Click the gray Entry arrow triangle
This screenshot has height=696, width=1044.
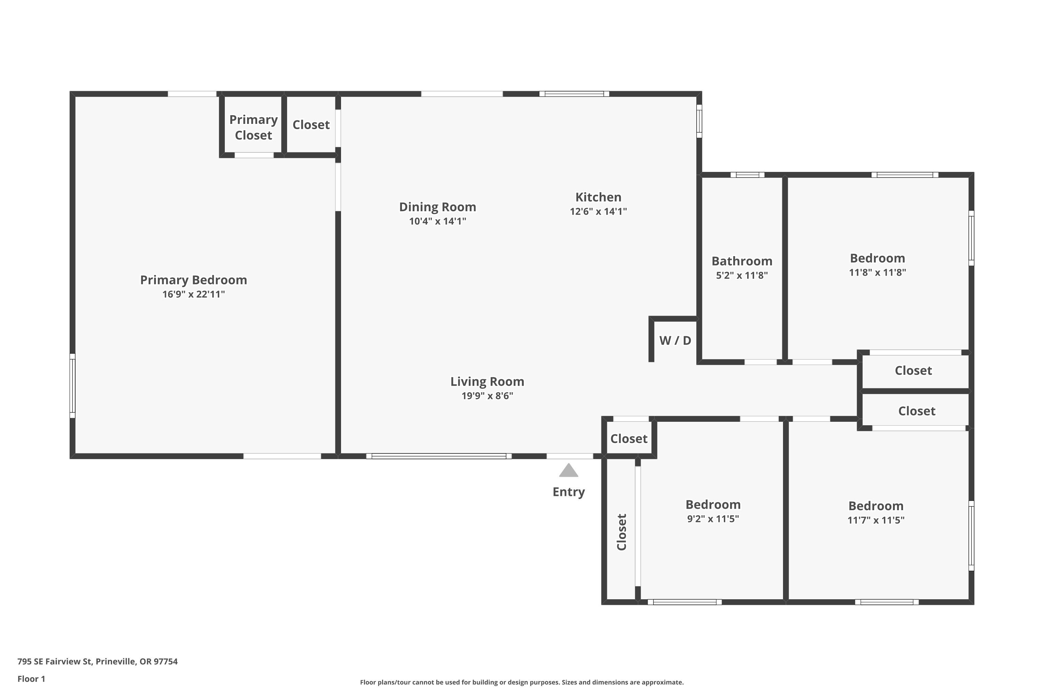568,470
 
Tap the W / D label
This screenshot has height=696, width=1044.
675,340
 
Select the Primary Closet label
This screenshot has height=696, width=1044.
253,127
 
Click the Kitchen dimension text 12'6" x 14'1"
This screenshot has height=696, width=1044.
598,211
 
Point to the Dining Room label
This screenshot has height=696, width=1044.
438,207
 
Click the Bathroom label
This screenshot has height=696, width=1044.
742,261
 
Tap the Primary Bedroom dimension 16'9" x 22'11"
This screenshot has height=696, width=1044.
193,294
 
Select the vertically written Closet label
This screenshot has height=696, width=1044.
622,532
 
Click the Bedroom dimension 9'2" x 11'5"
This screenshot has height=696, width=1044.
713,519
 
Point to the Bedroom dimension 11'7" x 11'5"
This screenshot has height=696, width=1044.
876,520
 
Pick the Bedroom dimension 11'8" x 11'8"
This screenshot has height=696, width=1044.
878,272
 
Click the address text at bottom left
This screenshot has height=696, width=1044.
98,662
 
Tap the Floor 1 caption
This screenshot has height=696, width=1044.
32,679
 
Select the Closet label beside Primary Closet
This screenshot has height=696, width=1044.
311,125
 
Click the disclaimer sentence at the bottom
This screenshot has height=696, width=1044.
522,682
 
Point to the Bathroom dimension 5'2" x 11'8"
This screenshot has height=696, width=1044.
742,275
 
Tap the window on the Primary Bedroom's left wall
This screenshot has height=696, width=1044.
72,386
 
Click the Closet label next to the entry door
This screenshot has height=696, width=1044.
629,438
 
